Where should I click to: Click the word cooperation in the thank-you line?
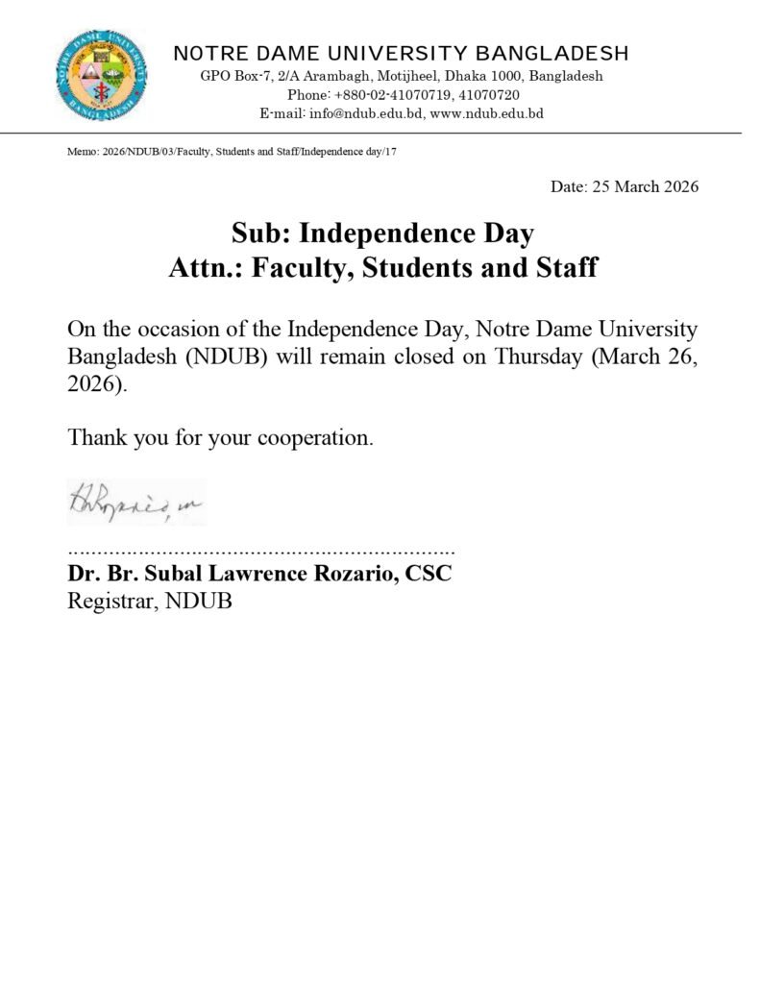pos(310,438)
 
